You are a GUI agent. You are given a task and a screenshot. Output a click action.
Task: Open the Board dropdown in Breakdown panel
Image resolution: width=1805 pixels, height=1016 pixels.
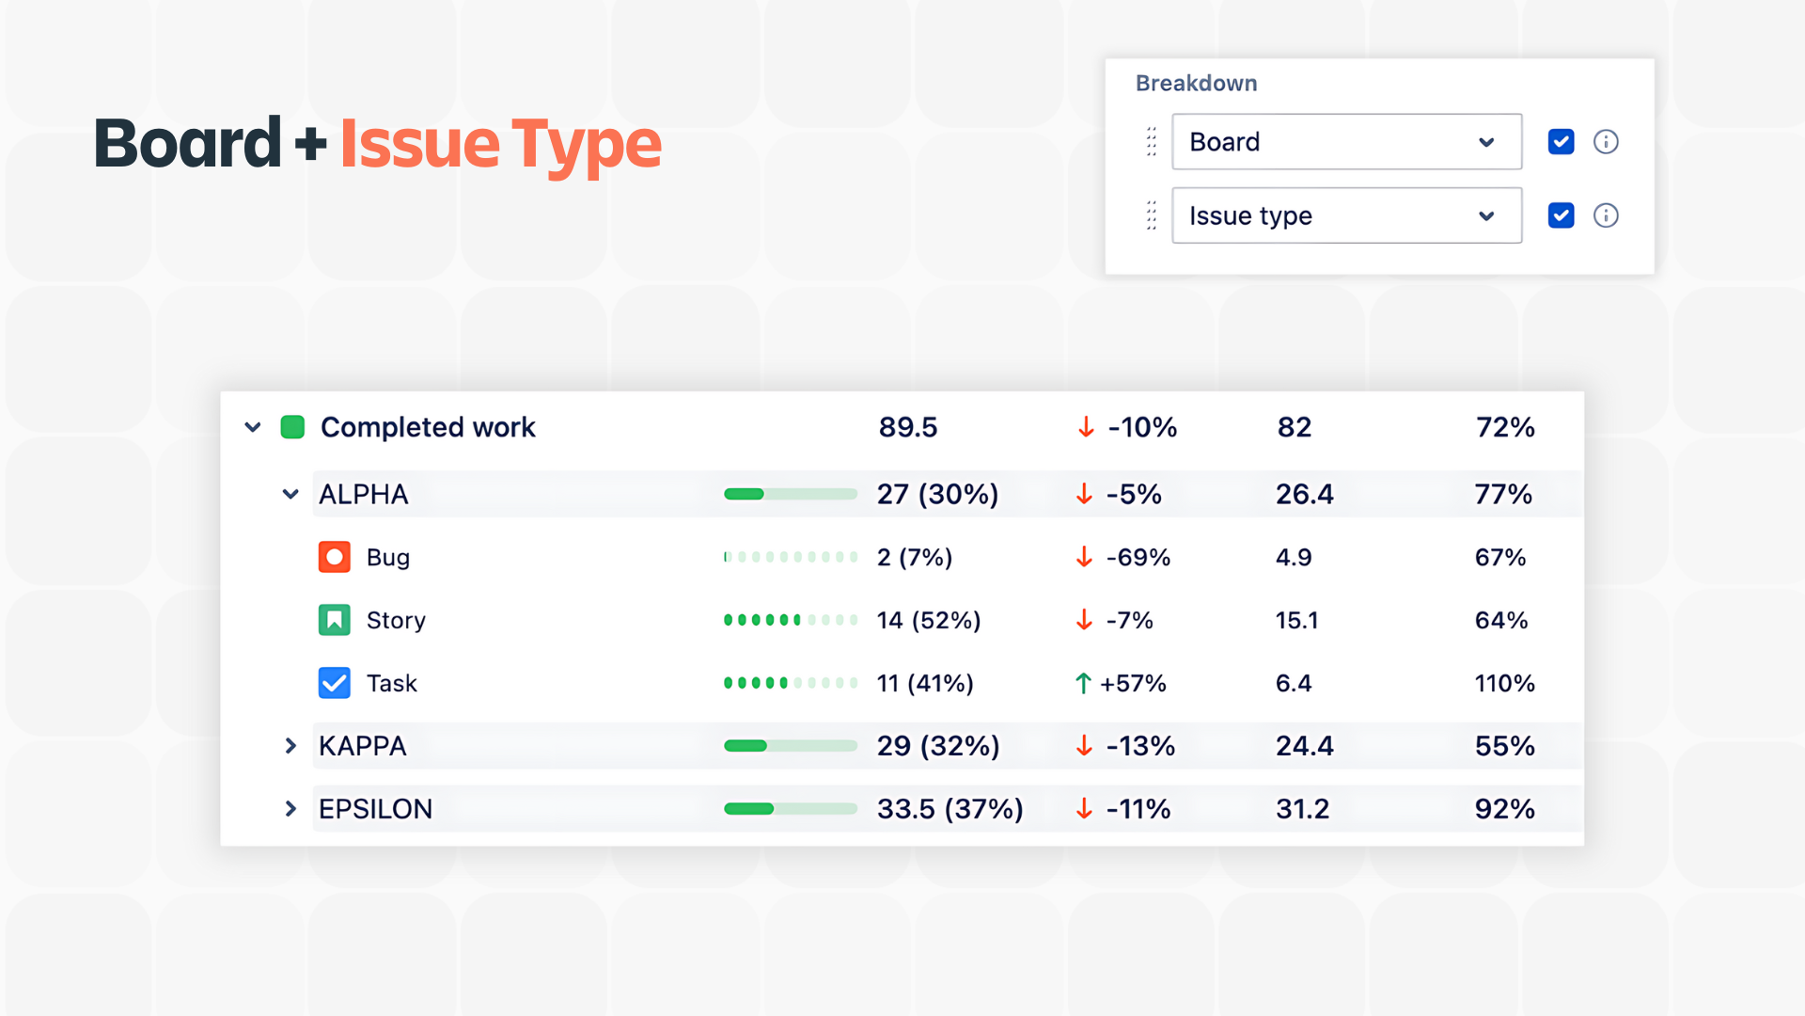[1345, 142]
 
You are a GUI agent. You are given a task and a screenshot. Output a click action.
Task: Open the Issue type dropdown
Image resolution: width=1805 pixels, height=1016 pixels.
[1345, 215]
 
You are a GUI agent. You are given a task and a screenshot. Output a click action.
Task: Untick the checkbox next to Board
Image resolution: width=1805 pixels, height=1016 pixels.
[1561, 142]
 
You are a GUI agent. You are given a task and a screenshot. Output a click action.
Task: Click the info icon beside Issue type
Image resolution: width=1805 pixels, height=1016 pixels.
[1606, 215]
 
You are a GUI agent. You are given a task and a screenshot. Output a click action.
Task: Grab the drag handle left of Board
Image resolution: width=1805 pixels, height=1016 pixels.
[1152, 142]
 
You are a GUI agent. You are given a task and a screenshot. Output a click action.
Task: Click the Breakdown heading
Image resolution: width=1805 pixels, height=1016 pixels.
[1196, 83]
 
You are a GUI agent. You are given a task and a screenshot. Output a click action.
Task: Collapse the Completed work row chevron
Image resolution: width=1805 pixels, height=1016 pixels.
[253, 427]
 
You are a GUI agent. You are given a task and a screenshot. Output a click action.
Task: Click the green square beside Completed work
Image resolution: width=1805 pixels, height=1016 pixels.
[292, 427]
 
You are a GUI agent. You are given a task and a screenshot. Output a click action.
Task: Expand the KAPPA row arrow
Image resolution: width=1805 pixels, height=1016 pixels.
[290, 746]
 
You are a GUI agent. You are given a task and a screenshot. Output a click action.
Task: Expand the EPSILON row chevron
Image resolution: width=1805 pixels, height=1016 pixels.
[290, 809]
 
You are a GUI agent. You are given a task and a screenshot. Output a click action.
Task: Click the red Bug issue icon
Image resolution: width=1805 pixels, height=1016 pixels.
[334, 557]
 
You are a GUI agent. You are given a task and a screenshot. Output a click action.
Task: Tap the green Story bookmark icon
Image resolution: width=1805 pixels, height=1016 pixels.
[334, 620]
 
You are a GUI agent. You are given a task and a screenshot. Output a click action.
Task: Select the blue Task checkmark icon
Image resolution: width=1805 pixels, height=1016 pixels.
[334, 683]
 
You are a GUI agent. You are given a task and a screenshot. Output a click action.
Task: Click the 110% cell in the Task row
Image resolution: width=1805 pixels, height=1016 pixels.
[1504, 683]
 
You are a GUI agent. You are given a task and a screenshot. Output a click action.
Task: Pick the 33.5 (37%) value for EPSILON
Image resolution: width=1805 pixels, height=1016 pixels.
[950, 809]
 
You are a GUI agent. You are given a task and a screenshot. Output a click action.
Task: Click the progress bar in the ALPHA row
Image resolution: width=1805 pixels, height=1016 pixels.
[790, 494]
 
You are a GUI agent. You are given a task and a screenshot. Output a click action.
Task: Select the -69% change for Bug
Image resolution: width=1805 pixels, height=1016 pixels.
[1138, 557]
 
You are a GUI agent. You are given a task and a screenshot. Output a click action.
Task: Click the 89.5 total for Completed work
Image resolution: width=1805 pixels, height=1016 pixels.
[908, 427]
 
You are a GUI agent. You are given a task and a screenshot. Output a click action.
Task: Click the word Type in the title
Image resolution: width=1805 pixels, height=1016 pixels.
[587, 146]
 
